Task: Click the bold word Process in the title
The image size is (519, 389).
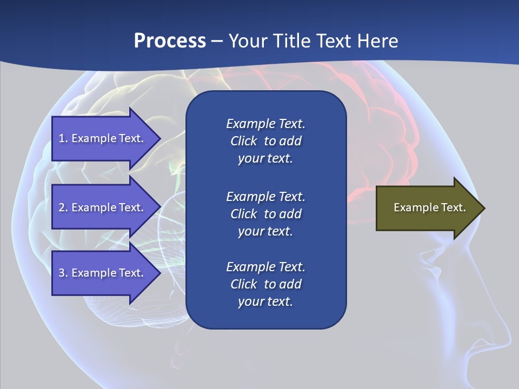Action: (x=170, y=41)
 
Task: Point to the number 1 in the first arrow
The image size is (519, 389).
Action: (x=62, y=138)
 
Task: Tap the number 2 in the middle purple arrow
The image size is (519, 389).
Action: (x=62, y=207)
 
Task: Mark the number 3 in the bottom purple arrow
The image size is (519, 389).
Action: (x=62, y=273)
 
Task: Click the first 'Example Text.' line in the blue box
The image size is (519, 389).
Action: (x=265, y=124)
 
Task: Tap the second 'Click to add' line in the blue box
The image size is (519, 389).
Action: (x=265, y=214)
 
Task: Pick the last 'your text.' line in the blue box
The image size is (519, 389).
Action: (x=265, y=301)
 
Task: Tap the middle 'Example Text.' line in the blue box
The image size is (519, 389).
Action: (x=265, y=196)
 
